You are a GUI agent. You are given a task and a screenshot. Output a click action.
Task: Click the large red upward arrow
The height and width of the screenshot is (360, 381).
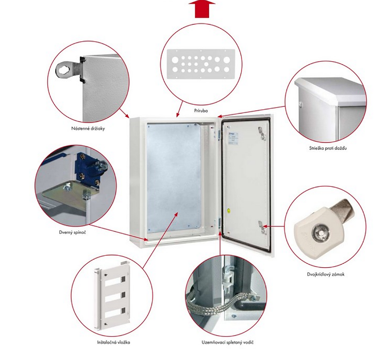click(202, 9)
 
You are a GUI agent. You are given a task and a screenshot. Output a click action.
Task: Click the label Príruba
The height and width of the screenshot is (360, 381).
click(201, 111)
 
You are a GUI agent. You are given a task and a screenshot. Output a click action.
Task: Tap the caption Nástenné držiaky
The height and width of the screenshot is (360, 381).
click(88, 128)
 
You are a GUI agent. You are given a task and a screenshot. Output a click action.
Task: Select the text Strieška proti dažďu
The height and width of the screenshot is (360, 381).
click(328, 148)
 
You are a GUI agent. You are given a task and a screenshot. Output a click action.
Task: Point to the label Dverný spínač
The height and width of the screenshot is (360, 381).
click(73, 232)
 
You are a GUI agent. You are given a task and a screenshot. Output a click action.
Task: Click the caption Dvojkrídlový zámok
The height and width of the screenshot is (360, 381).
click(325, 274)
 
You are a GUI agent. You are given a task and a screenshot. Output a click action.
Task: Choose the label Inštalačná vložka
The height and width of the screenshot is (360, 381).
click(114, 342)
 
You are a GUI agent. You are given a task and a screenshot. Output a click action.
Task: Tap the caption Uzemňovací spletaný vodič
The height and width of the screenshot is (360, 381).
click(228, 342)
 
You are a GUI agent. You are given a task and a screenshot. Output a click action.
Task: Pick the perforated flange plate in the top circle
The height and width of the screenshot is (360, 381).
click(201, 64)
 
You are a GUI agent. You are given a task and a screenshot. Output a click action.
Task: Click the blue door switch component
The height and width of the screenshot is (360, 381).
click(89, 168)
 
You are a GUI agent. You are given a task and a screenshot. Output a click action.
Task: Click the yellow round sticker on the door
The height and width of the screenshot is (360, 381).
click(229, 211)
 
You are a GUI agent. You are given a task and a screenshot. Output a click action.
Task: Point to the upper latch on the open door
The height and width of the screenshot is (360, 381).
click(262, 134)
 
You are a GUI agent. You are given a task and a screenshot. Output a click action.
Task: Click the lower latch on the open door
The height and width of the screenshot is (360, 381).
click(261, 227)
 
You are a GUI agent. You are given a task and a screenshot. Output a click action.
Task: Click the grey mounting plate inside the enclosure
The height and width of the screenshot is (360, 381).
click(174, 177)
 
